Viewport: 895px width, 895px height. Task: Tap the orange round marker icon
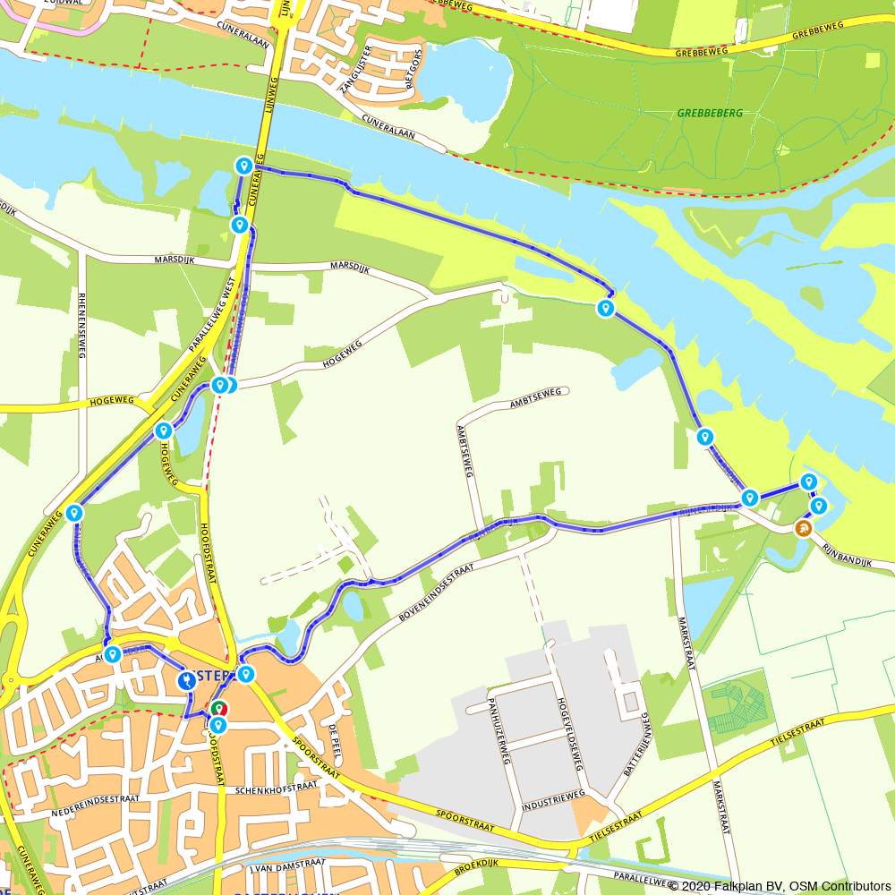[x=803, y=528]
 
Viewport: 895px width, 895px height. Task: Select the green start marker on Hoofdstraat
[x=217, y=710]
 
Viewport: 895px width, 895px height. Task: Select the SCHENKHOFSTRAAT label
[x=277, y=790]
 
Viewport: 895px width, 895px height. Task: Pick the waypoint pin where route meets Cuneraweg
[x=74, y=513]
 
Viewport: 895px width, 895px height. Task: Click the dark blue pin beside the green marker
[x=186, y=680]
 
